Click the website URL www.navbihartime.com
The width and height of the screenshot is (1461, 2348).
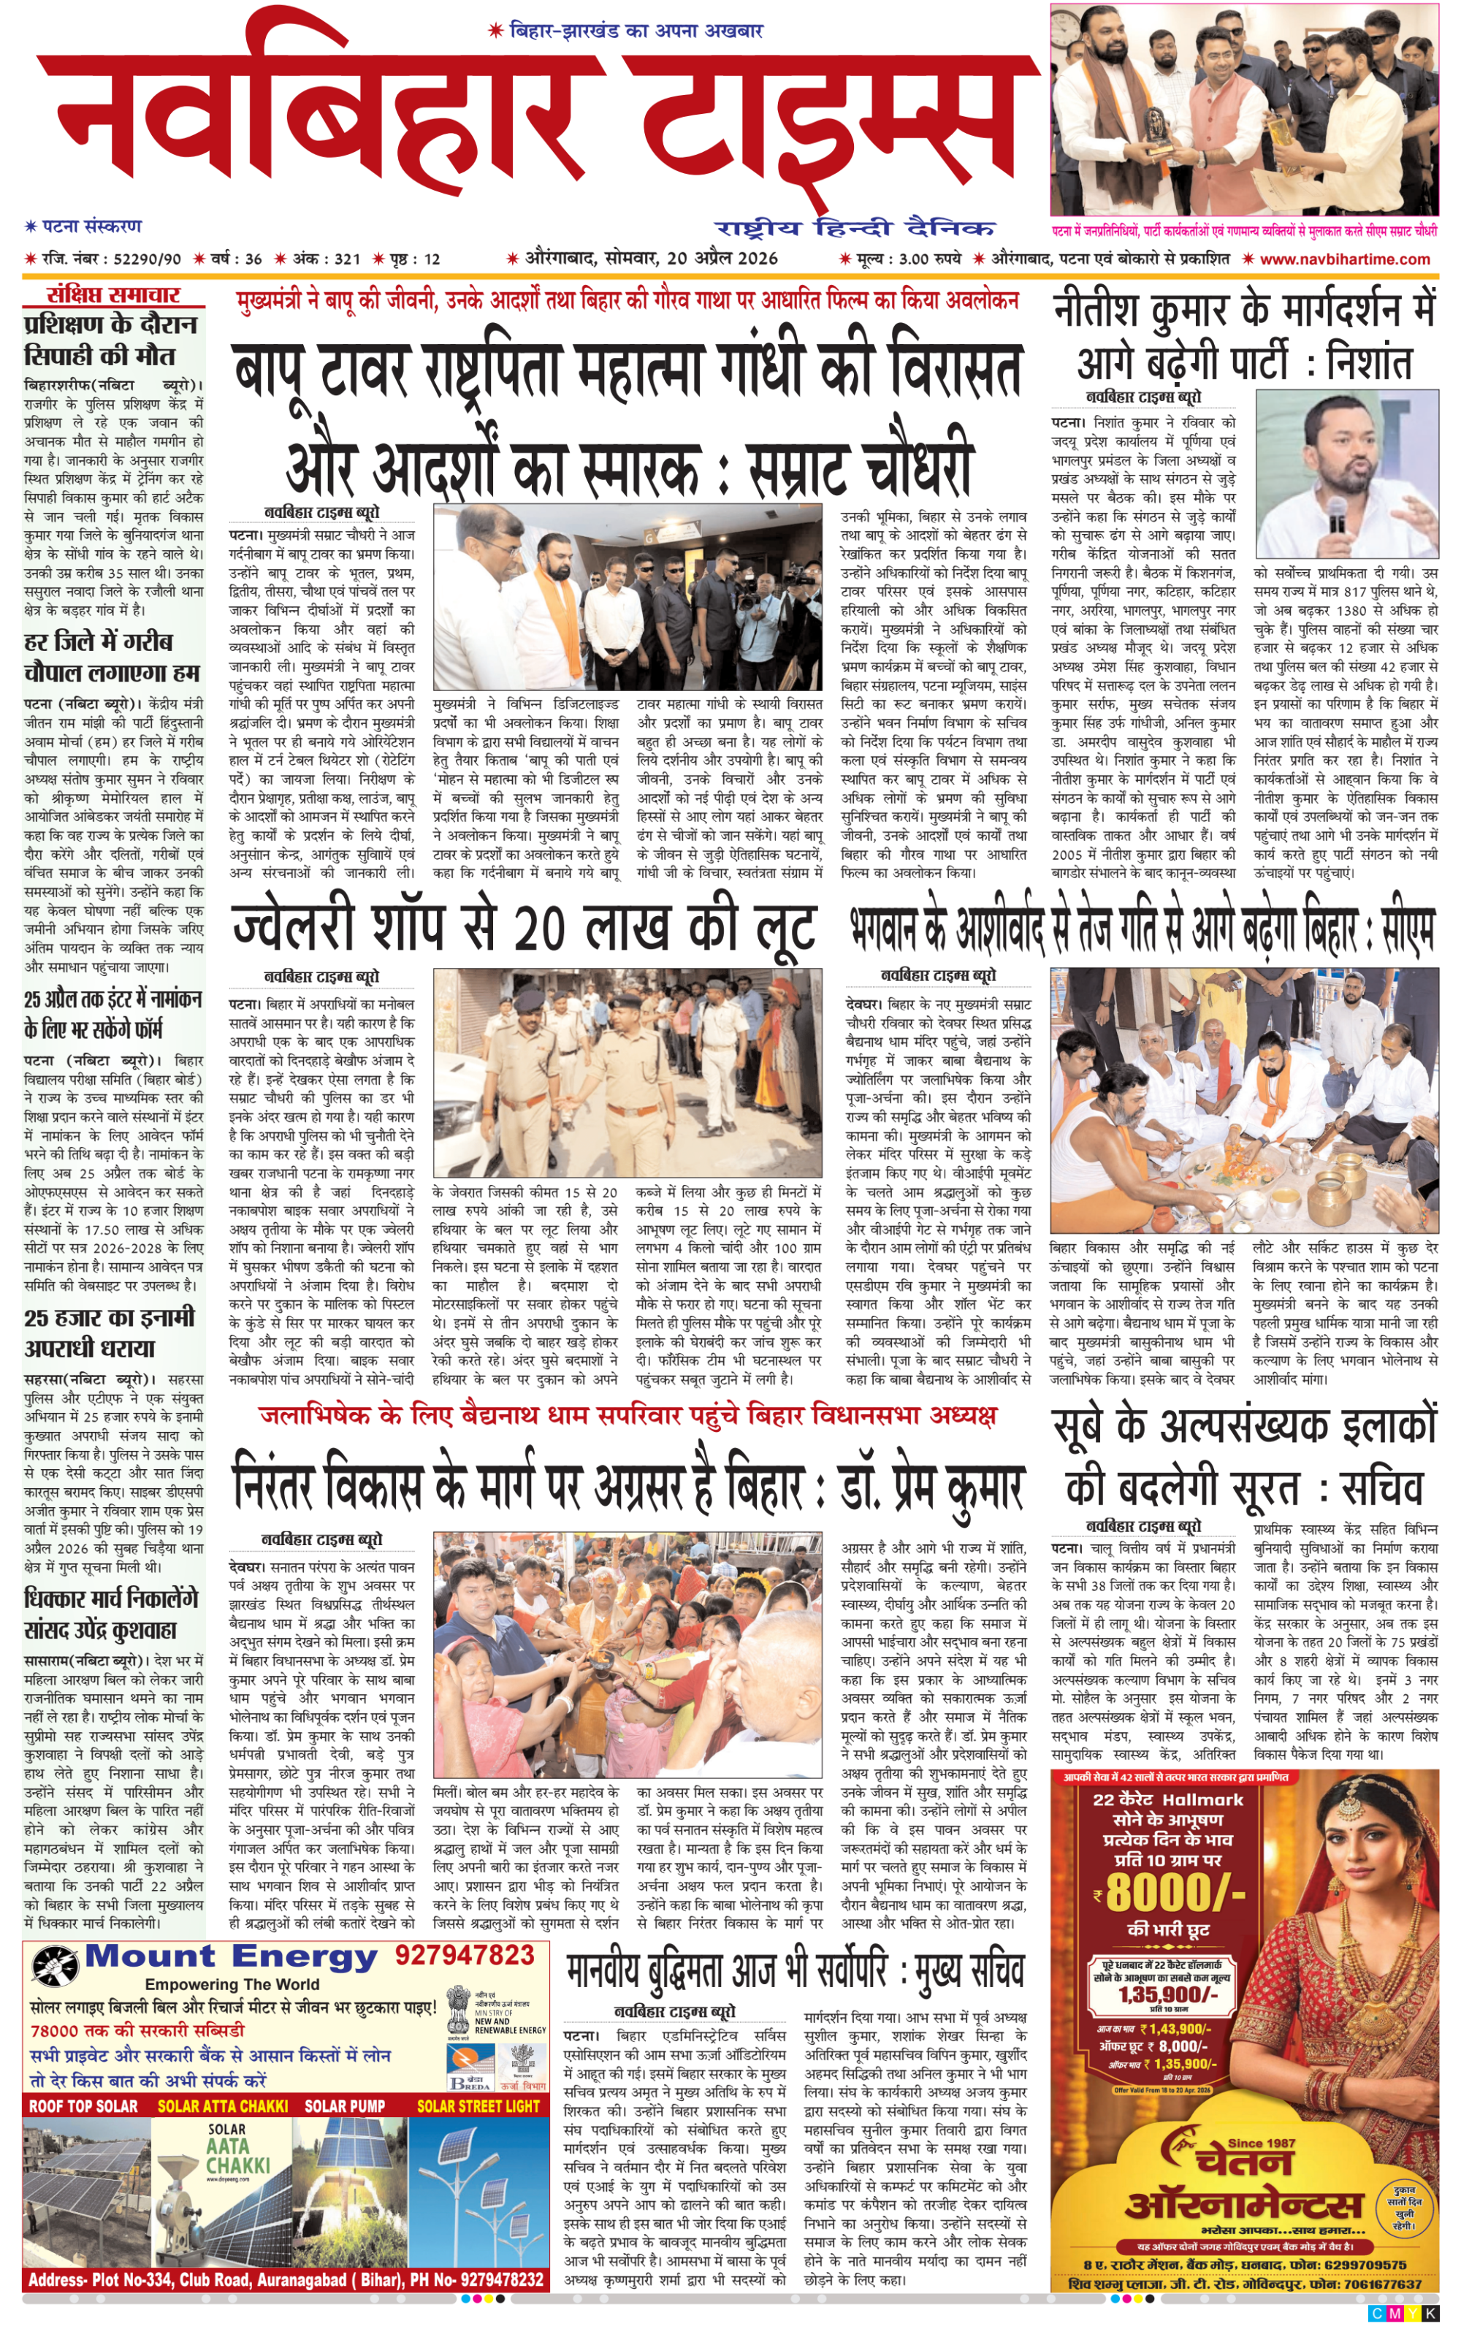coord(1344,259)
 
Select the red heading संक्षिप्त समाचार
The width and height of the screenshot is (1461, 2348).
coord(113,294)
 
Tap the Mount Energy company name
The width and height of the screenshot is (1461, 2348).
coord(232,1956)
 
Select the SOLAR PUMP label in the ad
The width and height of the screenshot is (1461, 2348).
coord(345,2106)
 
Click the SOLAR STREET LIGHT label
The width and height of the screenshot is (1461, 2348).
coord(478,2106)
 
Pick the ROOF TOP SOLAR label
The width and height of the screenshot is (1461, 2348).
coord(83,2106)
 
